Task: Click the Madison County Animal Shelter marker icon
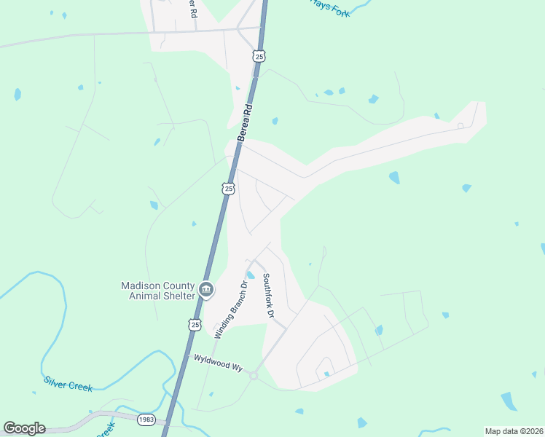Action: click(206, 290)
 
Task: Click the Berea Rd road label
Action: click(246, 122)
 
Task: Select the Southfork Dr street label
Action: click(267, 295)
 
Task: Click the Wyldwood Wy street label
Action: click(216, 365)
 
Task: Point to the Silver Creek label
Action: click(68, 384)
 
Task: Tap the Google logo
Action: click(24, 428)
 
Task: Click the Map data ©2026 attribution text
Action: click(513, 431)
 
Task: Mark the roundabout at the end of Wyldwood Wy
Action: click(254, 375)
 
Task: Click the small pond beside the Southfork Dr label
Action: click(250, 275)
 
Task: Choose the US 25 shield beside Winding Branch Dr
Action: click(193, 325)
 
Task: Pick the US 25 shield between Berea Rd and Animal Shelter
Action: click(229, 189)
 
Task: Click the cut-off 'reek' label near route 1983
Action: click(106, 430)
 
